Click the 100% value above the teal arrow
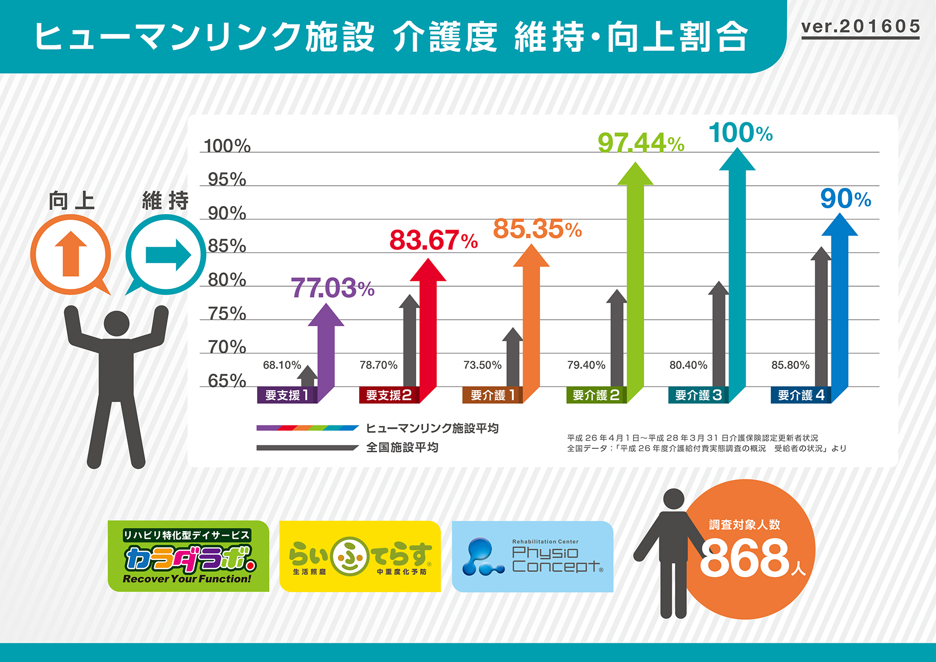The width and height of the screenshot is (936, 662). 740,133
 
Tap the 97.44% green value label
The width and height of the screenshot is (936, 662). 640,143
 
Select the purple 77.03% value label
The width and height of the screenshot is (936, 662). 332,288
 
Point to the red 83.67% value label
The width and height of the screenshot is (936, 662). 433,240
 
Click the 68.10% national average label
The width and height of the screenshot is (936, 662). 282,365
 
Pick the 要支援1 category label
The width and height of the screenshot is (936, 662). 287,395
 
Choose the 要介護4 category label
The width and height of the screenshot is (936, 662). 800,395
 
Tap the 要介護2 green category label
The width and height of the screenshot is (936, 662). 596,395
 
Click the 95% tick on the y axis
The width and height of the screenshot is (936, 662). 227,179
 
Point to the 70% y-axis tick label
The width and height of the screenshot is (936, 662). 227,347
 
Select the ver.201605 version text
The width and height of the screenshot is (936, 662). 860,27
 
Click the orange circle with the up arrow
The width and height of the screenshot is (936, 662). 70,254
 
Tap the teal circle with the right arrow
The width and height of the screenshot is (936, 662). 166,255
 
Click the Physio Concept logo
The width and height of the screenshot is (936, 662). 533,556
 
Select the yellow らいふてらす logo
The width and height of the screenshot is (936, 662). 360,556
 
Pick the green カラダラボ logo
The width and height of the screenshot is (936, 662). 188,556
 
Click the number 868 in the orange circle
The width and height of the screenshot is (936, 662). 744,558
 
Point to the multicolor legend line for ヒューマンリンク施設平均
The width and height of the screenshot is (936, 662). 307,428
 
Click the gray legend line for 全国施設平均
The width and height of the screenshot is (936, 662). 307,447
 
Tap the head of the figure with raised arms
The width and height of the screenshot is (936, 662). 116,324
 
